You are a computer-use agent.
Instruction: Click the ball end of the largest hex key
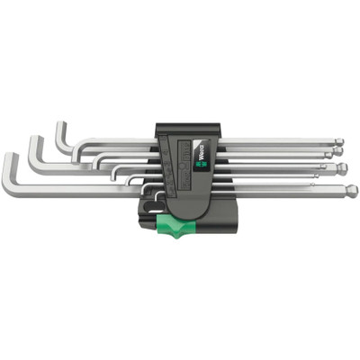[x=351, y=190]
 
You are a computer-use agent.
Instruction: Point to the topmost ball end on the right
[x=339, y=141]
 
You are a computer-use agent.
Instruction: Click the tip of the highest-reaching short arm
[x=60, y=125]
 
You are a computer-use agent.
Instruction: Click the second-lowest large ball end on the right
[x=343, y=169]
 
